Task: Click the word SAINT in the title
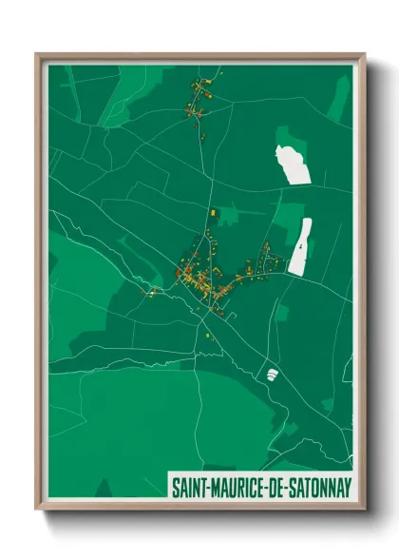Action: (190, 487)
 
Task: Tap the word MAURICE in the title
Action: (241, 487)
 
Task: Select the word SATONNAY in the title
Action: (319, 487)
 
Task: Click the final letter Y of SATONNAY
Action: (347, 487)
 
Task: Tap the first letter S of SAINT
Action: (175, 487)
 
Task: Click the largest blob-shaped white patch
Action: (294, 164)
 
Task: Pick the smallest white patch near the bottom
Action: (272, 374)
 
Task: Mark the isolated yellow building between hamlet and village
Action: (214, 211)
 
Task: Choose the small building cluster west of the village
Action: (151, 291)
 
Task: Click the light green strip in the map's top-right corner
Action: (340, 100)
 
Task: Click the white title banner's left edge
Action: (169, 487)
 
